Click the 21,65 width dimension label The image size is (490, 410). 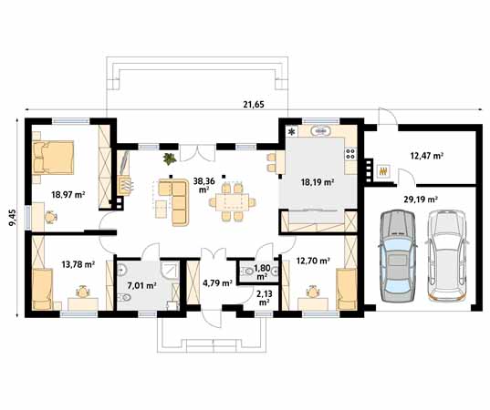click(x=254, y=105)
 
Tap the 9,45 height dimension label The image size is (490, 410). click(x=13, y=218)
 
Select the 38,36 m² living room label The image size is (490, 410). click(x=204, y=185)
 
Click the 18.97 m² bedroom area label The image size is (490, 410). click(x=68, y=195)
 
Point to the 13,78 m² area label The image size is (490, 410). click(x=78, y=264)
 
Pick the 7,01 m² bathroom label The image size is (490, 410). click(x=142, y=285)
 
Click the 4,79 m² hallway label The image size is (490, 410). click(x=217, y=283)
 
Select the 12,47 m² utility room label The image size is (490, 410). click(x=427, y=156)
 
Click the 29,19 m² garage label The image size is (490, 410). click(x=421, y=200)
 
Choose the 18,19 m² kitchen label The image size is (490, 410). click(x=318, y=182)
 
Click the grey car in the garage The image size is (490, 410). click(x=398, y=256)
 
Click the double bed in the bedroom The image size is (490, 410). click(x=53, y=158)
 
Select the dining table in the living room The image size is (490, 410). click(x=233, y=202)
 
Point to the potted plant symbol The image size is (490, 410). click(x=170, y=159)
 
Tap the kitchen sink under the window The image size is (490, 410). click(x=320, y=131)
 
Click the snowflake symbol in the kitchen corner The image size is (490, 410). click(x=292, y=132)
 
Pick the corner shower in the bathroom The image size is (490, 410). click(x=171, y=269)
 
